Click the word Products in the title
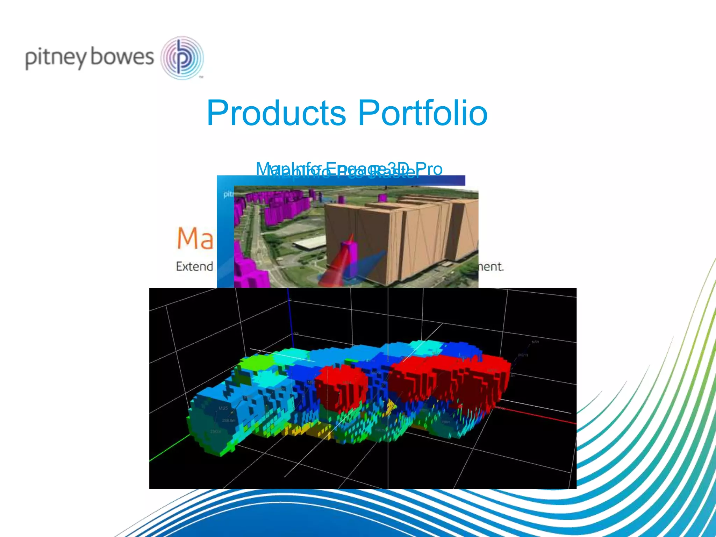click(x=276, y=113)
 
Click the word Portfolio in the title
click(x=423, y=113)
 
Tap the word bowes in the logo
click(x=122, y=57)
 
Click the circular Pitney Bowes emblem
click(x=182, y=58)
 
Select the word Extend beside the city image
click(x=194, y=266)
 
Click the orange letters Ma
click(x=195, y=239)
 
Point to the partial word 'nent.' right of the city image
click(x=491, y=267)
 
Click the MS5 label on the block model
click(x=223, y=408)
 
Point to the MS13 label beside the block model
click(x=523, y=355)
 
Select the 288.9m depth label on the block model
click(x=228, y=420)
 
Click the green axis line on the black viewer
click(x=168, y=451)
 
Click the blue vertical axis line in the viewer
click(x=290, y=322)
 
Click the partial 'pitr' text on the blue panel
click(x=228, y=194)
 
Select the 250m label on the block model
click(x=215, y=431)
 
